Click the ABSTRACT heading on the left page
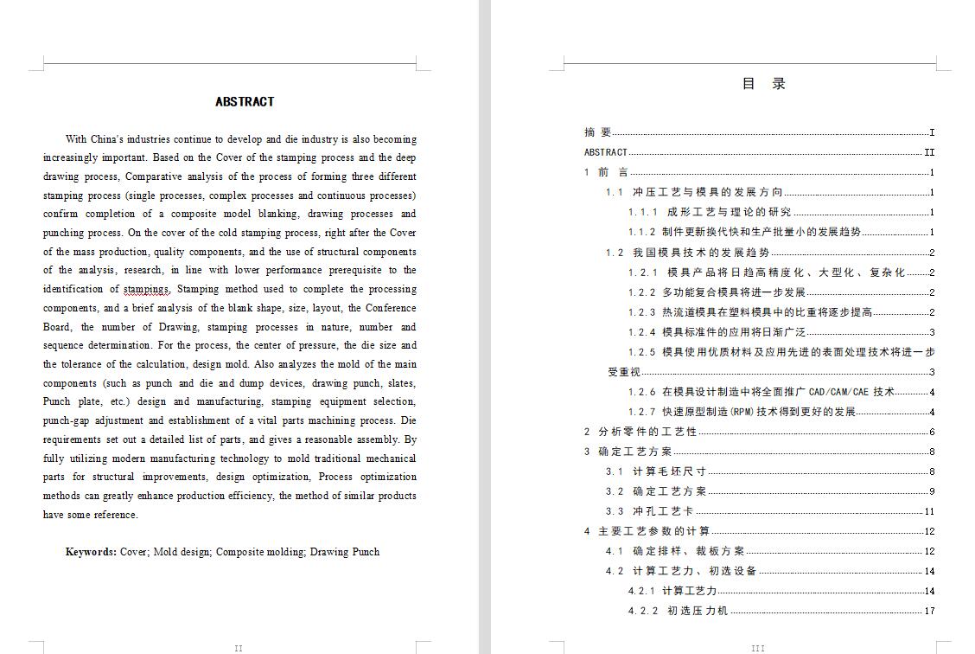click(245, 102)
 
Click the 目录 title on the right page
click(764, 84)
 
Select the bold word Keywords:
click(91, 552)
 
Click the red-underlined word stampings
click(146, 289)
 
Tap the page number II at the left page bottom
click(239, 648)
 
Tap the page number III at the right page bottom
click(758, 648)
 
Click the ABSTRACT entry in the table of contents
click(606, 152)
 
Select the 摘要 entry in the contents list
click(598, 132)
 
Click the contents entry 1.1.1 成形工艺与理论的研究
click(709, 212)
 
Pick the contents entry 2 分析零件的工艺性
click(640, 432)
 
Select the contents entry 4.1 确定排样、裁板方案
click(675, 551)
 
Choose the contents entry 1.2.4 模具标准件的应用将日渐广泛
click(717, 332)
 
